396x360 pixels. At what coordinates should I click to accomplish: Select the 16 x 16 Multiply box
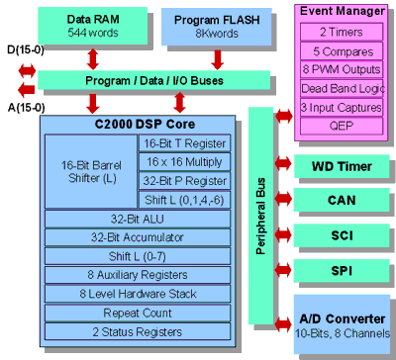(x=183, y=162)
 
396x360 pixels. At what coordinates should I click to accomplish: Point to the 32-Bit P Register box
(x=183, y=181)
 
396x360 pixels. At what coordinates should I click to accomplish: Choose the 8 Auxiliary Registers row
(x=135, y=276)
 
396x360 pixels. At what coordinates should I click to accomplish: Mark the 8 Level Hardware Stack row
(x=135, y=295)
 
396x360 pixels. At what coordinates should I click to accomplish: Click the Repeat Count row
(x=135, y=314)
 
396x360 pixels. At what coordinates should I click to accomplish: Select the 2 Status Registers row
(x=135, y=332)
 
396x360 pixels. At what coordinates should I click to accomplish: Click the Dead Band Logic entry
(x=341, y=89)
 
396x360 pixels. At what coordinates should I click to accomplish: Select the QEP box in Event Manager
(x=341, y=126)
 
